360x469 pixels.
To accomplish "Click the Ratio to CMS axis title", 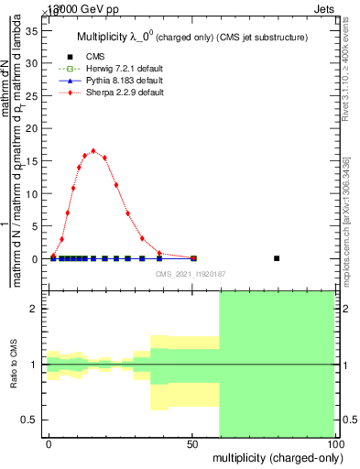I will [x=14, y=364].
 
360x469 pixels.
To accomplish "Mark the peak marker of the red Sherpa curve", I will [x=93, y=151].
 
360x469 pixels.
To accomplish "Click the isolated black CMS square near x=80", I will [x=277, y=258].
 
